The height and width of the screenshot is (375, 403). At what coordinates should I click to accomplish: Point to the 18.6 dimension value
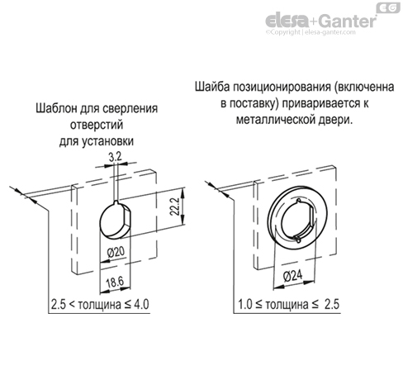tap(116, 282)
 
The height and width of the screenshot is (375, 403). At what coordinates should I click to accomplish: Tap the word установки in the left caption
tap(110, 140)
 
